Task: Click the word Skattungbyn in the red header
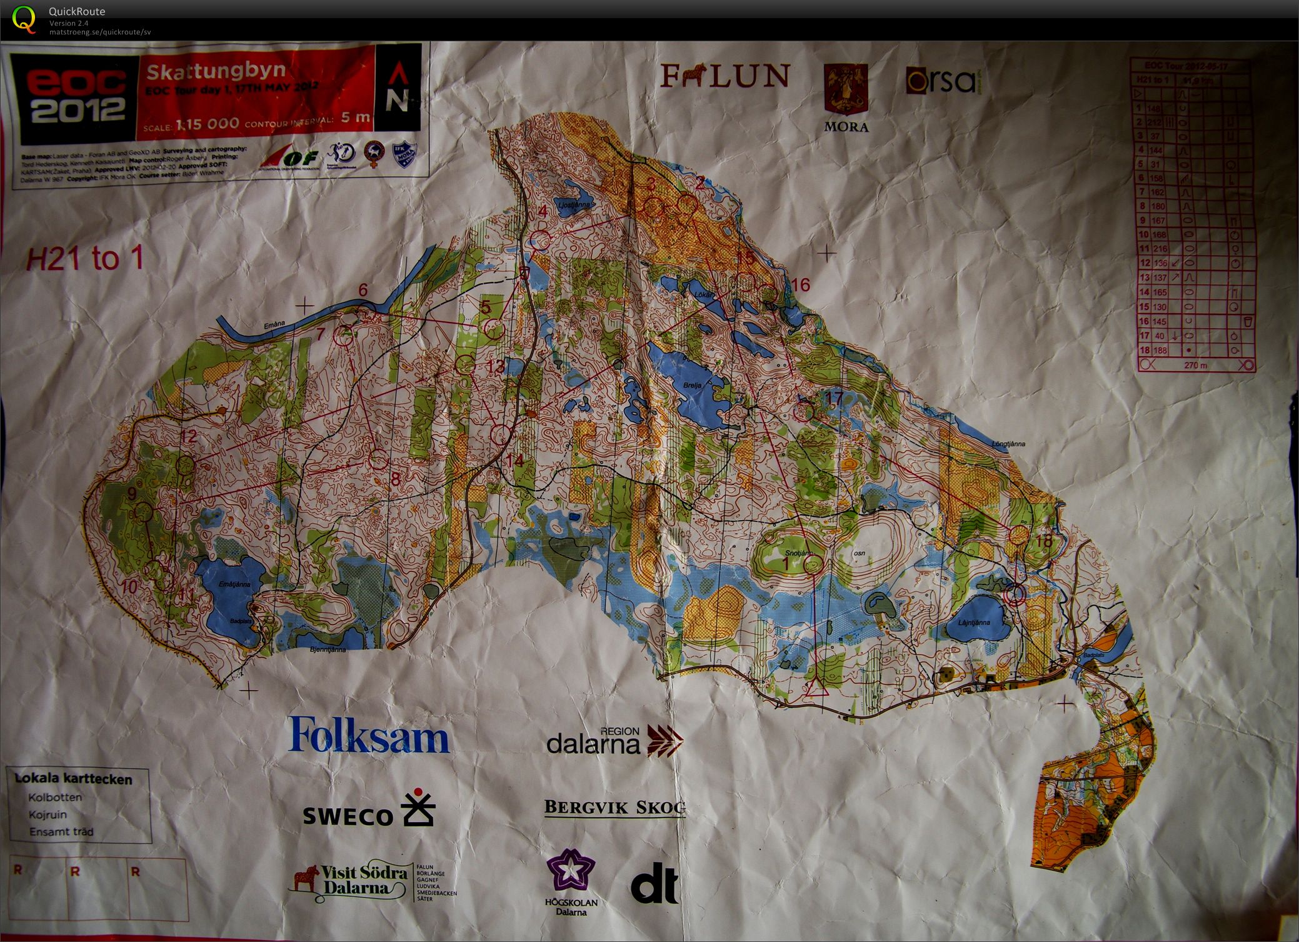(216, 71)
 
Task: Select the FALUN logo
(725, 76)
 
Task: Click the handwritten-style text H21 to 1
(85, 258)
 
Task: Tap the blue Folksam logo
(368, 736)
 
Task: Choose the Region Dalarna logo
(614, 741)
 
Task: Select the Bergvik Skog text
(614, 807)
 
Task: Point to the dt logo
(654, 883)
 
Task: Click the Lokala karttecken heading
(74, 779)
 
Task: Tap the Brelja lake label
(695, 385)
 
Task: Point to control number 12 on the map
(188, 436)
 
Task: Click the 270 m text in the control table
(1195, 365)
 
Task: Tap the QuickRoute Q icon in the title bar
(24, 19)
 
